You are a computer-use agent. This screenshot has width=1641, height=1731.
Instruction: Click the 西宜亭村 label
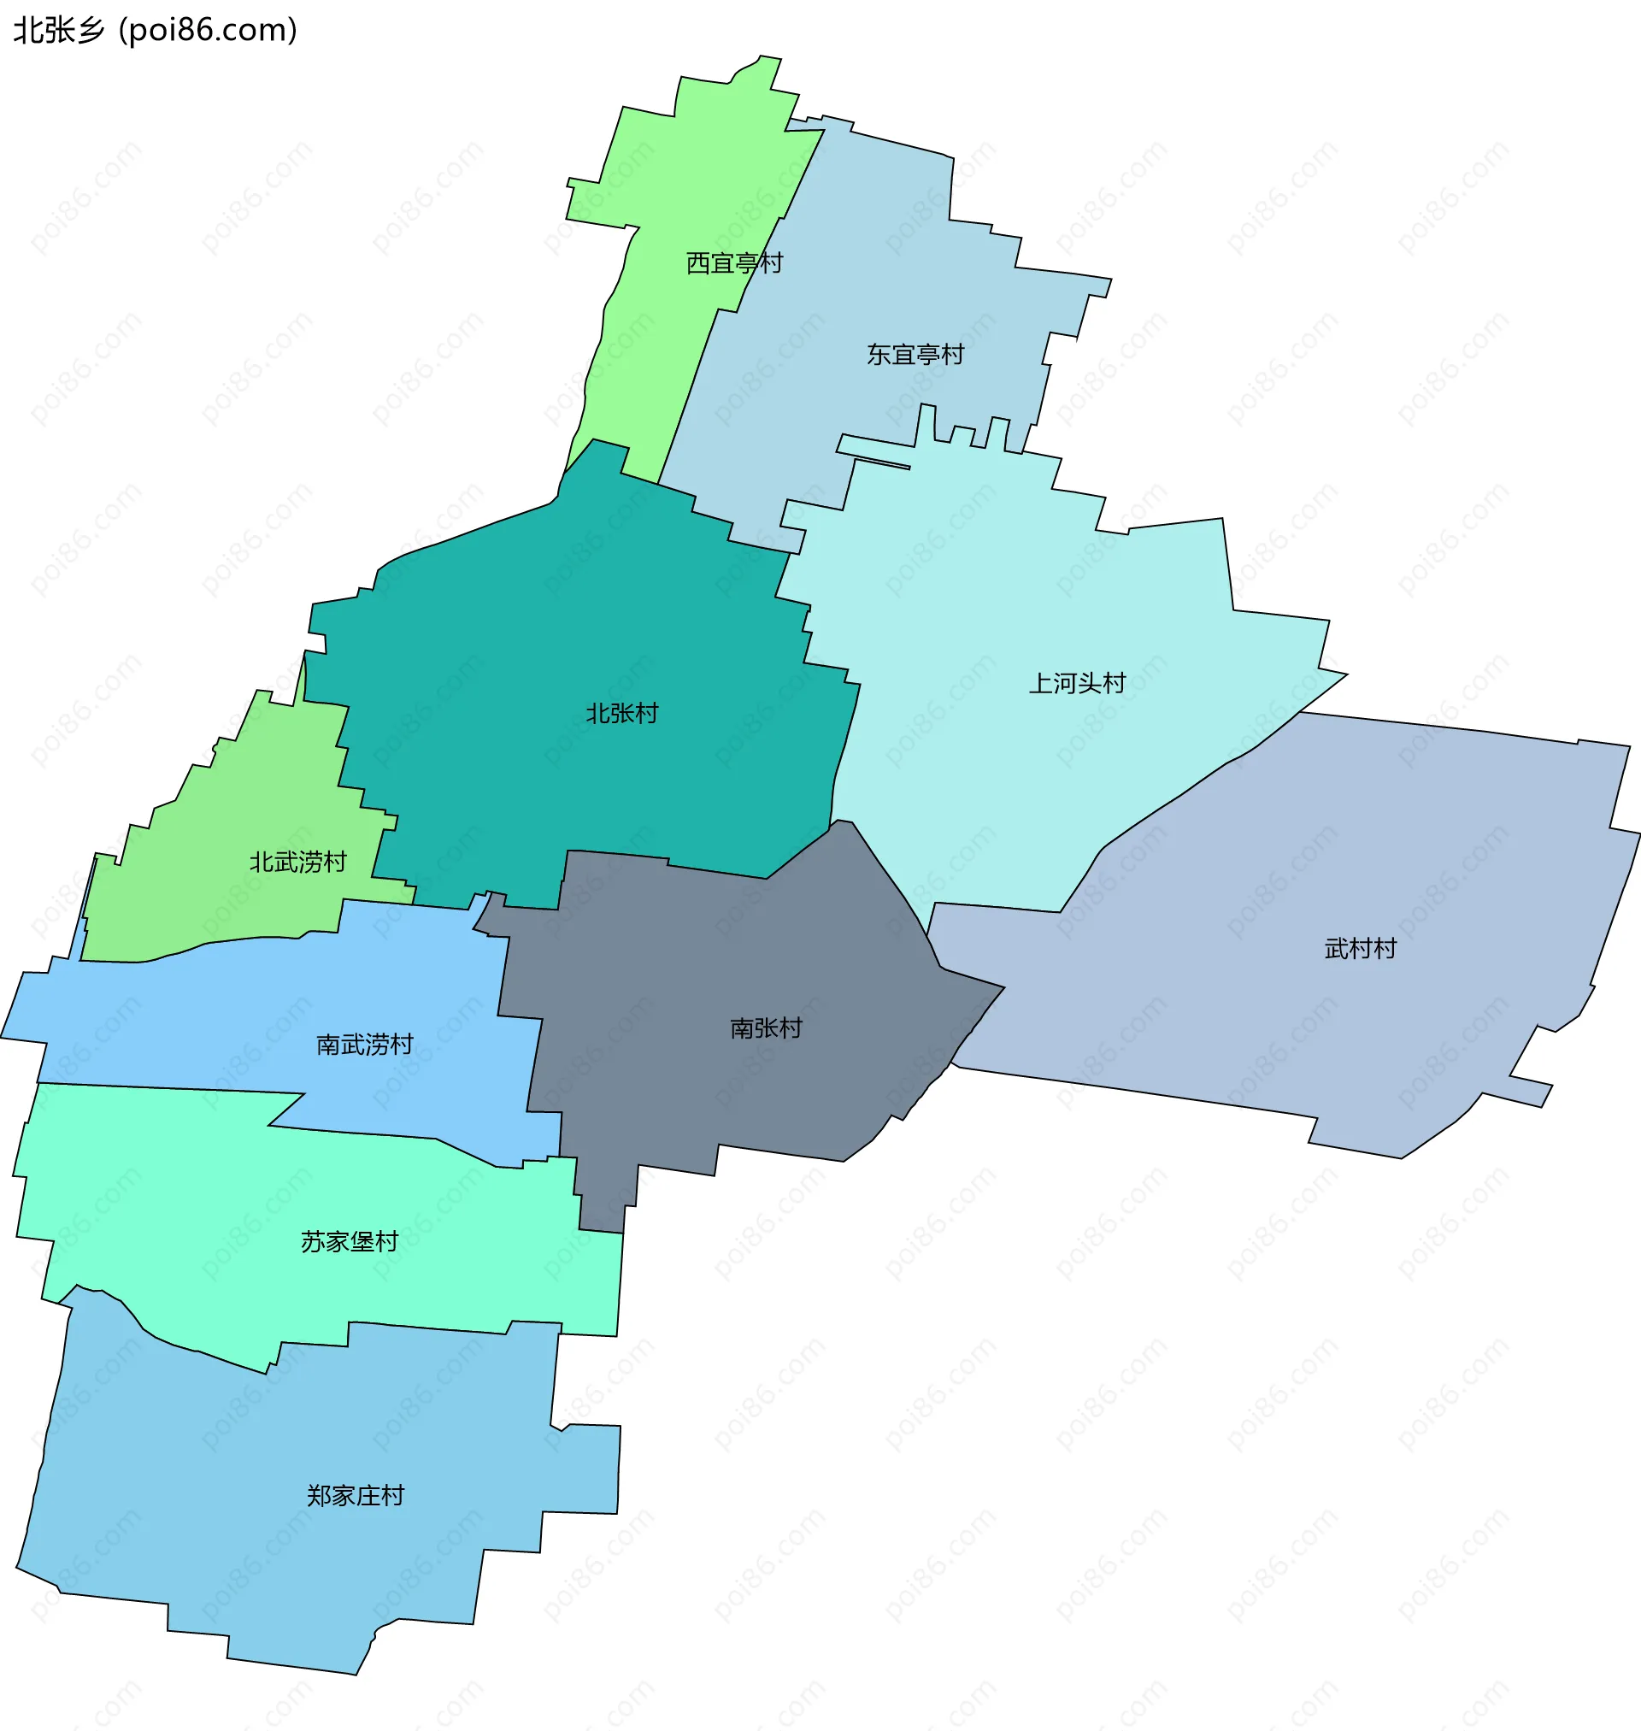click(734, 263)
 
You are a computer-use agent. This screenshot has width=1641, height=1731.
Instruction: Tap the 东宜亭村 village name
click(915, 354)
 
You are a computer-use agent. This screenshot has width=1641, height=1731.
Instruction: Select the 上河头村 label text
click(1077, 683)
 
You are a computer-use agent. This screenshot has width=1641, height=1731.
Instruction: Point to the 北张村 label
click(622, 714)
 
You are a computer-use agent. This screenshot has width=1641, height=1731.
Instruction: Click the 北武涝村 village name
click(298, 863)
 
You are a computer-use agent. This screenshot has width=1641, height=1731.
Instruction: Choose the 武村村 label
click(1360, 949)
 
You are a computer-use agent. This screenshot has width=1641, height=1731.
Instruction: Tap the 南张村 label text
click(767, 1027)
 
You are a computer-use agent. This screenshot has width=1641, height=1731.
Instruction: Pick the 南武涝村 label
click(365, 1045)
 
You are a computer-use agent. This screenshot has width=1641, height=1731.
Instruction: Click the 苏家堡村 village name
click(350, 1242)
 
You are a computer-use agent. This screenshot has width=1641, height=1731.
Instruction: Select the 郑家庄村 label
click(356, 1496)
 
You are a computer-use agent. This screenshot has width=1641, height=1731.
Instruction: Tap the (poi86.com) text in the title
click(209, 31)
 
